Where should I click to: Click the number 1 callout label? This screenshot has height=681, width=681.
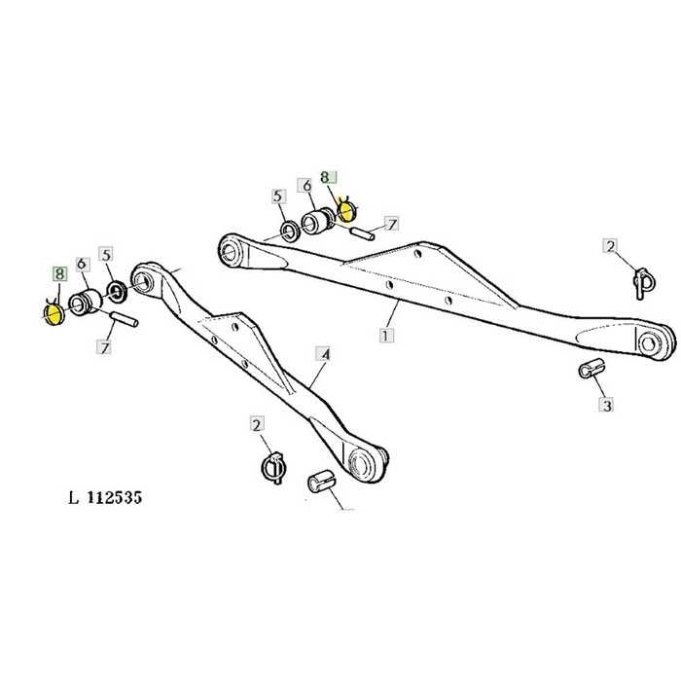(x=386, y=335)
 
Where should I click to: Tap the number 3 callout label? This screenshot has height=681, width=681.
(x=605, y=404)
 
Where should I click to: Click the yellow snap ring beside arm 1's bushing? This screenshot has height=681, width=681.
(x=347, y=211)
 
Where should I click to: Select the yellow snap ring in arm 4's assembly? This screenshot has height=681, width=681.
(x=54, y=313)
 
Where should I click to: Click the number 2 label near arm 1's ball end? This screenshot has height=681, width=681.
(x=610, y=246)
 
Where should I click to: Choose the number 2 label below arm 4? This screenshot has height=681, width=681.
(x=257, y=425)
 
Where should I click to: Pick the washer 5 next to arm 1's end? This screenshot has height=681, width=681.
(x=289, y=231)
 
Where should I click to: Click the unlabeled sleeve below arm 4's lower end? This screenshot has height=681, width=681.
(x=321, y=482)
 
